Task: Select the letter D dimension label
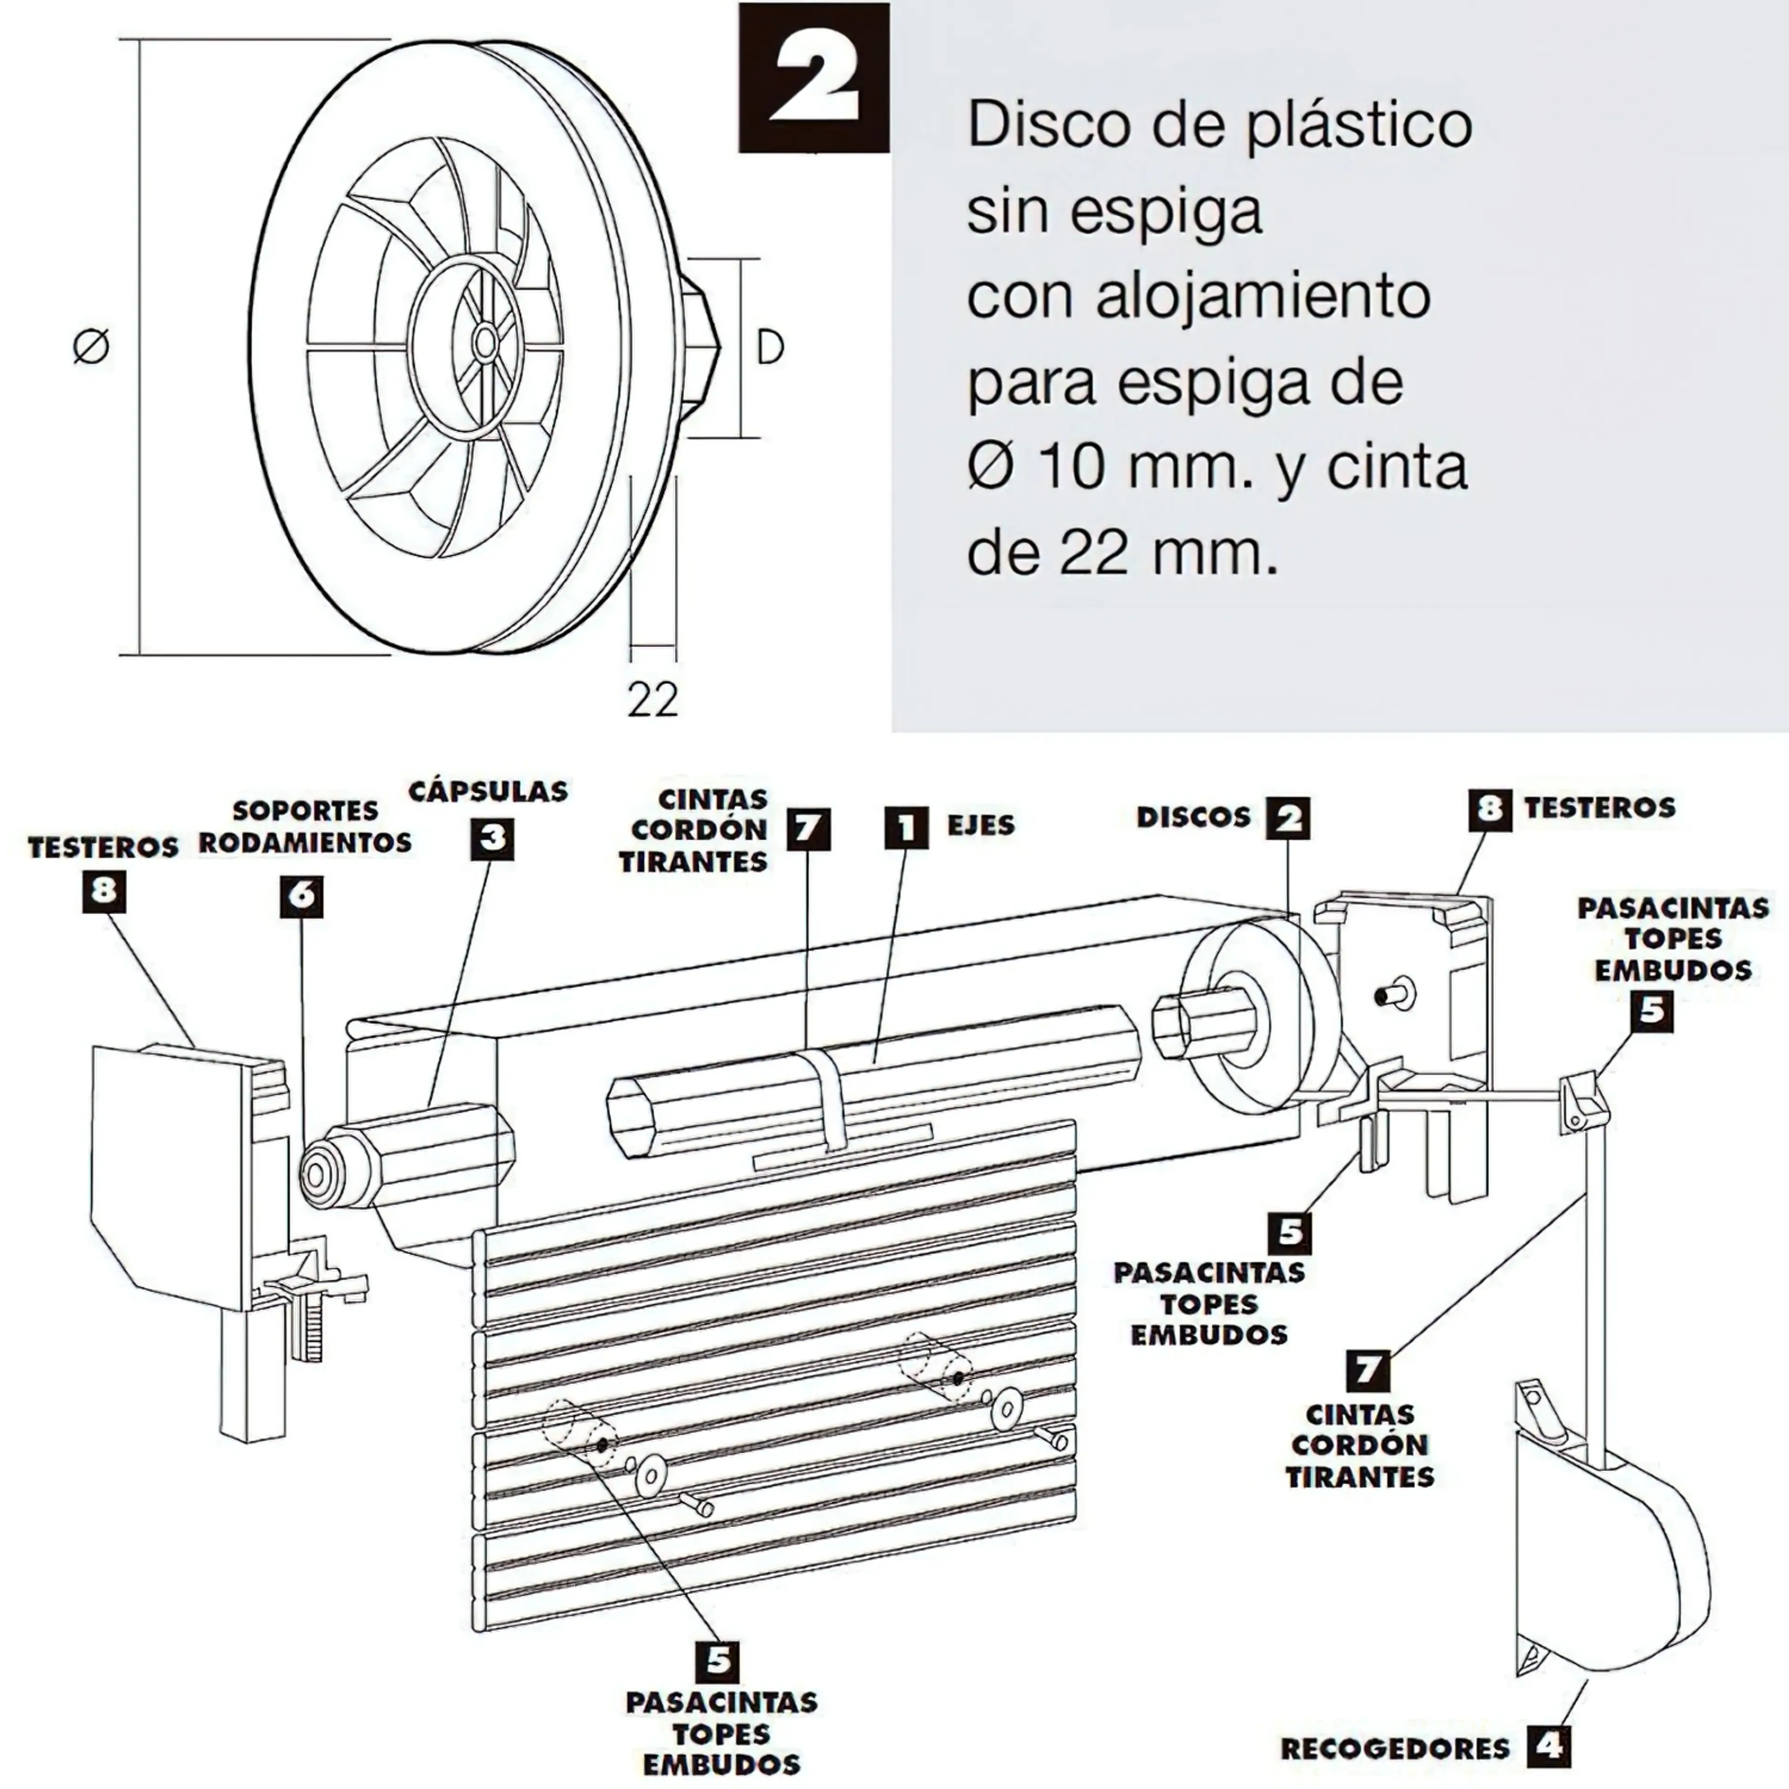click(770, 347)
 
